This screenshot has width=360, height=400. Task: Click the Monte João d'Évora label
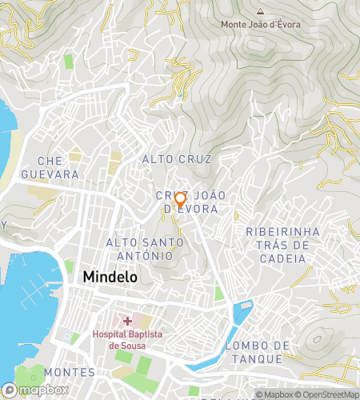(261, 25)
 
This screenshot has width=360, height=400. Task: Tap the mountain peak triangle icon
(260, 12)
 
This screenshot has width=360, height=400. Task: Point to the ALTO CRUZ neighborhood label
(176, 159)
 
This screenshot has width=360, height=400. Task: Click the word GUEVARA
(50, 174)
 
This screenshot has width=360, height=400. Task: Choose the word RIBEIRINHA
(282, 231)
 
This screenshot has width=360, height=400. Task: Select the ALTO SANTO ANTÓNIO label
(139, 249)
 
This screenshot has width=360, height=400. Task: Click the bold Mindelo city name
(110, 277)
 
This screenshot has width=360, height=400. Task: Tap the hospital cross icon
(127, 320)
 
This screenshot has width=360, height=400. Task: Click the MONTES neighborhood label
(70, 373)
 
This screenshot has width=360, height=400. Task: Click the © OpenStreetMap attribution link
(328, 394)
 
